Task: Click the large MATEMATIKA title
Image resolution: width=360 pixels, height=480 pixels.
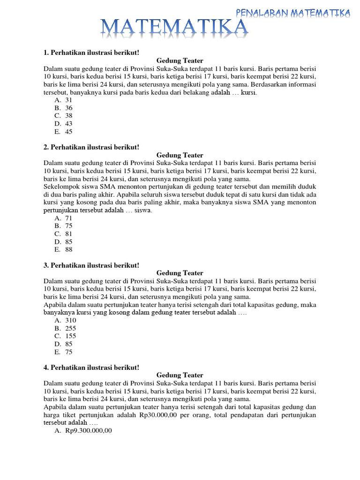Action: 174,28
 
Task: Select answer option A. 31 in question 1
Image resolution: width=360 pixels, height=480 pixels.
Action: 63,100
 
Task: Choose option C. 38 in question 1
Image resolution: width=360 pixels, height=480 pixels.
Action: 63,116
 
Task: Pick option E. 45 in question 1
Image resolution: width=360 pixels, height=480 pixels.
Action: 63,132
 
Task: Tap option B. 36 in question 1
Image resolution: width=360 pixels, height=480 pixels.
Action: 63,108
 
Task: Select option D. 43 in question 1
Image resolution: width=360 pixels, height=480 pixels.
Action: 63,124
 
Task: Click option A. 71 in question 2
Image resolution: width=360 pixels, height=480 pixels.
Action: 63,218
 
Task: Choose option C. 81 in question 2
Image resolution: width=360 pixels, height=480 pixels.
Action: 63,234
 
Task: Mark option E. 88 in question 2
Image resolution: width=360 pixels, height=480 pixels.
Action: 63,249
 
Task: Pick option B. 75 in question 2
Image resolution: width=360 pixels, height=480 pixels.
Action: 63,226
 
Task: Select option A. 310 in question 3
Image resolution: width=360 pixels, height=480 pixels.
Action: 65,320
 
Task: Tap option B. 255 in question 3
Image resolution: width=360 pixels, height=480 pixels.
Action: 65,328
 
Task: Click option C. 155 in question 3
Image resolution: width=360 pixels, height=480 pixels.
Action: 65,336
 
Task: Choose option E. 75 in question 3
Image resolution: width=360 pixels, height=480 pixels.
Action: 63,352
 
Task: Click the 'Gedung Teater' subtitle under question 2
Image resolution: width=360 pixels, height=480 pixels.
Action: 180,155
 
